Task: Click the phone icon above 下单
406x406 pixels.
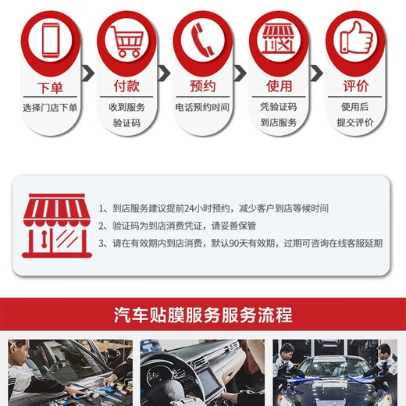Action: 50,37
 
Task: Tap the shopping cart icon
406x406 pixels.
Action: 126,37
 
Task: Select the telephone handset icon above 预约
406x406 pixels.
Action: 203,37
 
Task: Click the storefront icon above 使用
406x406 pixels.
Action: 279,37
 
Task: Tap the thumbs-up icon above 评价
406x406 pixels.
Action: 355,37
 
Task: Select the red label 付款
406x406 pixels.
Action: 126,87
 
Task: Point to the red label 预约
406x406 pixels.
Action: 203,87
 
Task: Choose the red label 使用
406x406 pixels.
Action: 279,87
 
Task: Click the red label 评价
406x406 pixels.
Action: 355,87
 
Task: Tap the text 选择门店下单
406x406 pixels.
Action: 50,107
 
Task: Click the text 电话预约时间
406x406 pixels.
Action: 203,107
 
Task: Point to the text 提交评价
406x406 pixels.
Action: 355,123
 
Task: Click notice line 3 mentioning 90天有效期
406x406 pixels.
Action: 240,243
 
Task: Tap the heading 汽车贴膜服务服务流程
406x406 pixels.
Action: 203,315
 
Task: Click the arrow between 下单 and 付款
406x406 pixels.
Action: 88,74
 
